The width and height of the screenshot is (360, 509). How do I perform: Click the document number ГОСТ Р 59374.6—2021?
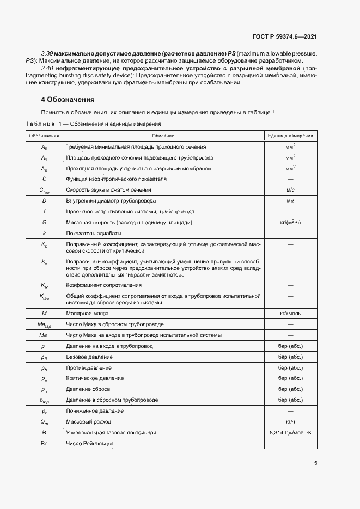[285, 36]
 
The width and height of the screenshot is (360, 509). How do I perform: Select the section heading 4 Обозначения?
[68, 100]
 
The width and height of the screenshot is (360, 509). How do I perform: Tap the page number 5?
[316, 463]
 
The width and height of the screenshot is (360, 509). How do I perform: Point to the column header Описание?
[163, 135]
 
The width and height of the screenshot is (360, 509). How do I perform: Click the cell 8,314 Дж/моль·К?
[290, 432]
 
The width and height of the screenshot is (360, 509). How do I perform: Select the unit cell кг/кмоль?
[290, 314]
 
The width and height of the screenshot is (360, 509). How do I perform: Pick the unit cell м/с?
[290, 189]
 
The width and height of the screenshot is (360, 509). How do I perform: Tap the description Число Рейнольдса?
[89, 443]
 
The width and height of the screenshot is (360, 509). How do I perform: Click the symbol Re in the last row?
[45, 443]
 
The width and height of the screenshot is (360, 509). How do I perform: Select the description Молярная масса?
[87, 314]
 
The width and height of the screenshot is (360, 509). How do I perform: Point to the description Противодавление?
[89, 367]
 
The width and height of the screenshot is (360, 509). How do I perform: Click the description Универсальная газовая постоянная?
[111, 432]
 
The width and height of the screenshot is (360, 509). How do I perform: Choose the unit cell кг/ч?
[290, 421]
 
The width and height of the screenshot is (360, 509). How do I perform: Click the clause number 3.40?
[47, 69]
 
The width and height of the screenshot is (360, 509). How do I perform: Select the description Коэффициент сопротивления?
[101, 285]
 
